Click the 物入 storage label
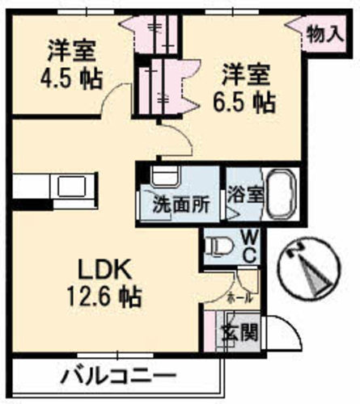click(x=325, y=34)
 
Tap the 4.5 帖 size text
click(x=71, y=79)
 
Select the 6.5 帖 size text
click(x=244, y=103)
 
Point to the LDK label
click(x=104, y=270)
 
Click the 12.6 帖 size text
click(x=104, y=297)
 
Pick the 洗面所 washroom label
click(x=180, y=205)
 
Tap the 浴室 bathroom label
click(x=245, y=194)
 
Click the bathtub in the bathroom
click(x=282, y=196)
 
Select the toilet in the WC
click(x=219, y=246)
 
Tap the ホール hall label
click(x=240, y=298)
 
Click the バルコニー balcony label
click(x=118, y=376)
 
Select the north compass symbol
click(x=310, y=270)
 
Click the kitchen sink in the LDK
click(x=72, y=187)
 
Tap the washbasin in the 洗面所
click(x=165, y=176)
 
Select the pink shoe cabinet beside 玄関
click(x=210, y=331)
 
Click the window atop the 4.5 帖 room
click(x=86, y=12)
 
